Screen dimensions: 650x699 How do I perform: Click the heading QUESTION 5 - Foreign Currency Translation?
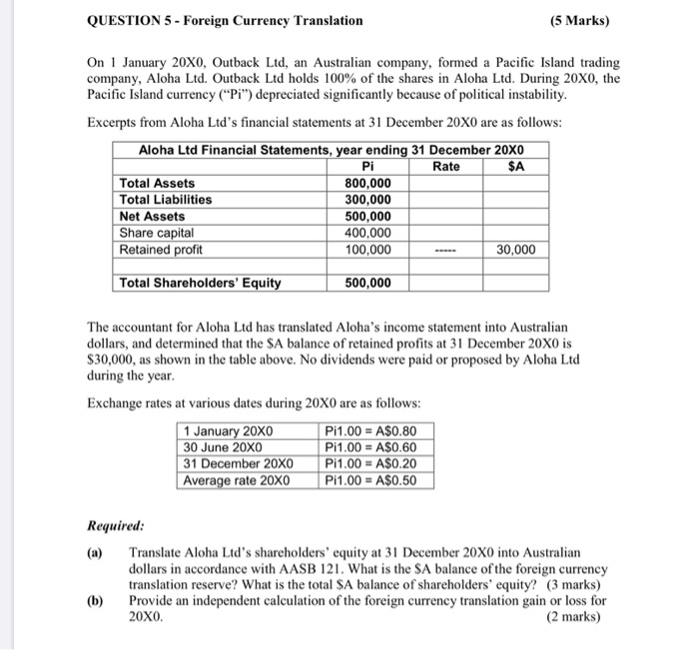click(226, 20)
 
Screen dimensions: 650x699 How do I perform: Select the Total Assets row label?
click(158, 184)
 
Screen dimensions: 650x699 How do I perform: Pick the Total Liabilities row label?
click(166, 200)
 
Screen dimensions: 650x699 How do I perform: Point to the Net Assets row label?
click(152, 216)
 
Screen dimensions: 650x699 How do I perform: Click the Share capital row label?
click(157, 233)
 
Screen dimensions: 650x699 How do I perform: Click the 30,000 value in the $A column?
click(514, 250)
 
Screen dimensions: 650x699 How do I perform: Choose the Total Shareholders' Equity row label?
click(200, 283)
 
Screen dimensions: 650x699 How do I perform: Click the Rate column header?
click(446, 167)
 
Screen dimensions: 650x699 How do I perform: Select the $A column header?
click(516, 167)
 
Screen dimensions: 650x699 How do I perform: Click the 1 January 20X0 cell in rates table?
click(229, 431)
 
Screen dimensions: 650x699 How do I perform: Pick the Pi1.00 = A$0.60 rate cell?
click(370, 447)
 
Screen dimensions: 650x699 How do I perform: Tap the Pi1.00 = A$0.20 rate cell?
click(370, 463)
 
